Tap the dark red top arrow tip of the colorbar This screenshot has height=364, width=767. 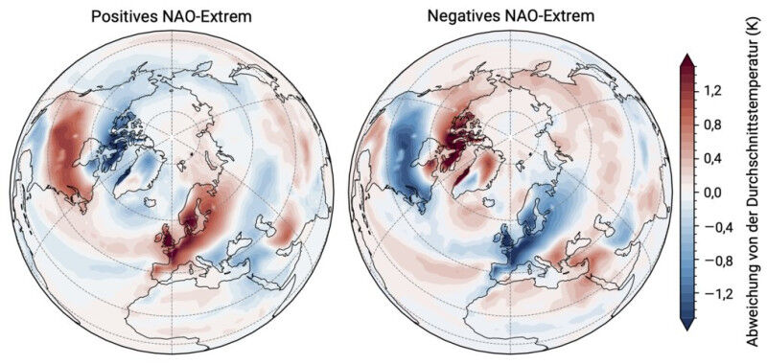[686, 59]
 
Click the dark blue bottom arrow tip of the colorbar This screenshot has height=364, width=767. [686, 326]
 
